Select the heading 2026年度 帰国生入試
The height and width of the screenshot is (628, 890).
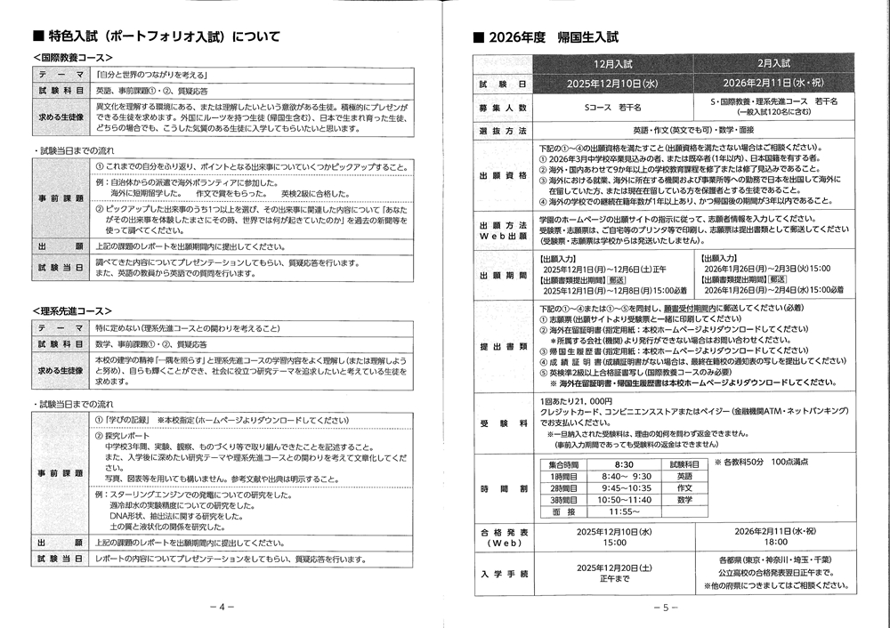click(x=552, y=38)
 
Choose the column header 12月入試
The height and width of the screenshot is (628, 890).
click(x=612, y=64)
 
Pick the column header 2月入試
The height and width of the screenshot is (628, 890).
click(x=774, y=64)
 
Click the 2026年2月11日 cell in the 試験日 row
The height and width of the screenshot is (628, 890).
click(x=773, y=83)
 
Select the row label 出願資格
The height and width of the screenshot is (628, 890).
click(x=504, y=175)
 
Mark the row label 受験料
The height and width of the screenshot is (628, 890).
click(x=504, y=423)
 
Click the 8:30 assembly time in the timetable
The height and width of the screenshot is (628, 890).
click(x=624, y=464)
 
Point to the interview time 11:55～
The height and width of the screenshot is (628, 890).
click(x=624, y=511)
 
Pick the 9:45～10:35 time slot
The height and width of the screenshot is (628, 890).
click(x=626, y=488)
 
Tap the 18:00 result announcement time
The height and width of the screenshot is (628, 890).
click(x=774, y=542)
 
